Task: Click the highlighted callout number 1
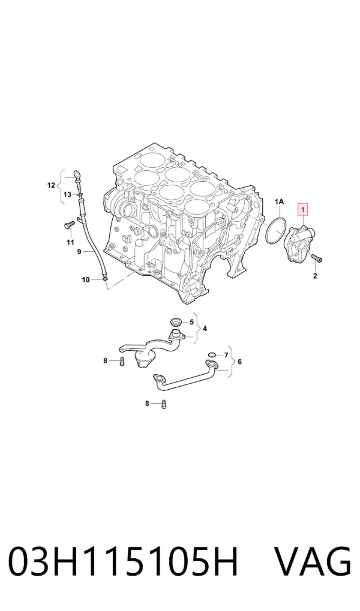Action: click(x=303, y=210)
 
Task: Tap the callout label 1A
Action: click(x=279, y=201)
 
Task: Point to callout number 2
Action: click(x=315, y=276)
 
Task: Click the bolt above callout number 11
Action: click(x=70, y=225)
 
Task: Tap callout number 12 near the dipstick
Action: click(x=51, y=185)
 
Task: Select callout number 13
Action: click(x=67, y=194)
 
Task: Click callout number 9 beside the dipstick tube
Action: click(x=79, y=252)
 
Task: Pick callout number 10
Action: click(x=85, y=279)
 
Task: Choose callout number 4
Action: click(x=205, y=329)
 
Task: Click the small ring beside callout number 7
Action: click(x=212, y=355)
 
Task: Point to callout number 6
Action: click(x=239, y=362)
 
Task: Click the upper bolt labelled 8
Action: click(x=121, y=361)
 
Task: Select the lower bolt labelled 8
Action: click(x=163, y=404)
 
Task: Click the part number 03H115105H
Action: click(x=123, y=561)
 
